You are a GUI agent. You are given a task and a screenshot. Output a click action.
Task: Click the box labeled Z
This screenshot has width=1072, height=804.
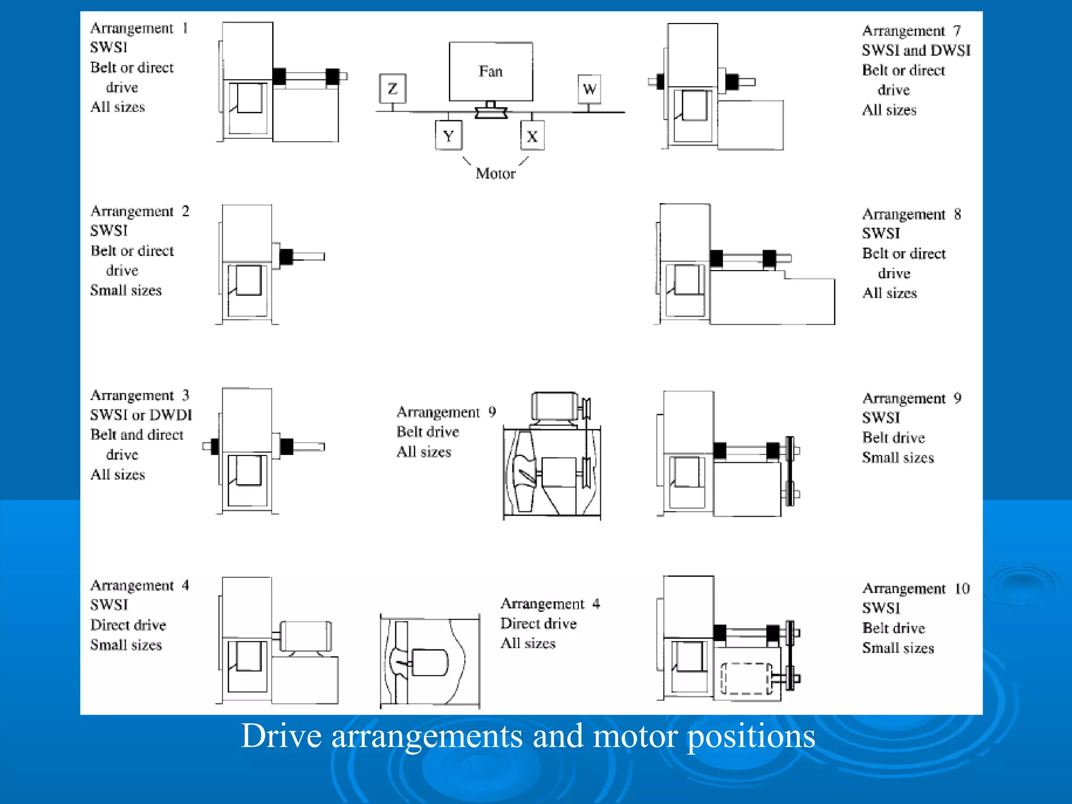click(x=393, y=88)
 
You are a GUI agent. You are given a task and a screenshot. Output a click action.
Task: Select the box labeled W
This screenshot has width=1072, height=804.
click(x=589, y=89)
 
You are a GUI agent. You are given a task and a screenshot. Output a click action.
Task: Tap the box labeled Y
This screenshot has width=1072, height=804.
click(x=449, y=136)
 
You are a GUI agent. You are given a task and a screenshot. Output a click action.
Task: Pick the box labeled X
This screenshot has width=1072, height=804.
click(x=532, y=136)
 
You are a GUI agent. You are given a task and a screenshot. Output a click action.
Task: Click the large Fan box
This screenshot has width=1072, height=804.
click(x=491, y=72)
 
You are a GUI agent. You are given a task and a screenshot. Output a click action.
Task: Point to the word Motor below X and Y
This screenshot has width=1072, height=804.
click(x=495, y=173)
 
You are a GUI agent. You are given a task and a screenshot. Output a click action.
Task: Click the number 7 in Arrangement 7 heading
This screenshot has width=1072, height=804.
click(x=957, y=31)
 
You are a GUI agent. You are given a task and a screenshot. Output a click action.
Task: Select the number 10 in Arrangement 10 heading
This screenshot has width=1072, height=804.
click(x=962, y=588)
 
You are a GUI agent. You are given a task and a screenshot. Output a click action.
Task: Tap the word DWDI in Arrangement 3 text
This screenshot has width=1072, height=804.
click(x=171, y=415)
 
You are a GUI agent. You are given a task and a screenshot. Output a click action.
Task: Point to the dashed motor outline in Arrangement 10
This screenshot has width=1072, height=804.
click(x=746, y=678)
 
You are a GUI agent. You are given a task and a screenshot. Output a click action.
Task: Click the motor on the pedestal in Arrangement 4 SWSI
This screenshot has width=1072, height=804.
click(x=306, y=636)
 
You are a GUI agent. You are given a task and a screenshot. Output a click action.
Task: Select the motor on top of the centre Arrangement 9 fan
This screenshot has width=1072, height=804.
click(x=555, y=406)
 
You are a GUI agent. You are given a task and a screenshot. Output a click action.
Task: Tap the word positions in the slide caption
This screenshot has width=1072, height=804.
click(x=751, y=735)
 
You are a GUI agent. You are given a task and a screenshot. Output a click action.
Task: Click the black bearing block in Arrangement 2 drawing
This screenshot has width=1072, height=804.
click(x=286, y=256)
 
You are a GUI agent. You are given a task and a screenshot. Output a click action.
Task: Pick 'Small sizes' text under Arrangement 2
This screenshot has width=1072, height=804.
click(x=126, y=291)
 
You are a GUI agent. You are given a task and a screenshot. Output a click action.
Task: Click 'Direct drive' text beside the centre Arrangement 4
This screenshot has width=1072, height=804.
click(x=538, y=623)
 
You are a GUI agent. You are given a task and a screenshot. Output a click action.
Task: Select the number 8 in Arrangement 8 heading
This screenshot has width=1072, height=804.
click(x=957, y=214)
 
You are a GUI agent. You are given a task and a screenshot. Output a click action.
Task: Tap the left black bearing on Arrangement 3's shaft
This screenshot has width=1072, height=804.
click(x=215, y=446)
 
